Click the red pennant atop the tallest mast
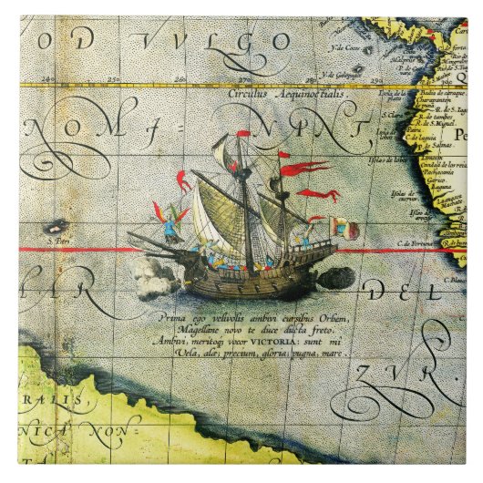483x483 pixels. pos(243,134)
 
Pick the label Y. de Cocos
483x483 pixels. pos(346,47)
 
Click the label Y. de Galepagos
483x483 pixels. pos(345,76)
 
